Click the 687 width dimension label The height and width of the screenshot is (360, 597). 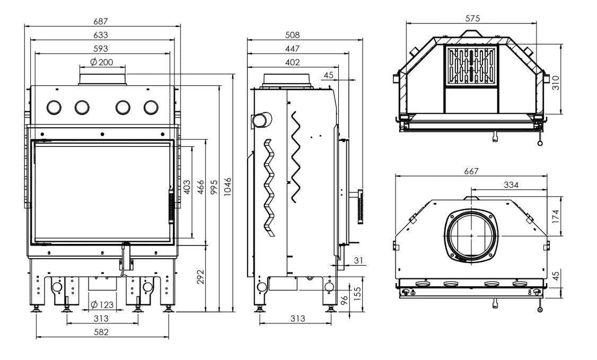(101, 21)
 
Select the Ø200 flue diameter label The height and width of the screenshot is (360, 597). (102, 62)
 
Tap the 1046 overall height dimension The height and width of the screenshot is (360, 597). (227, 187)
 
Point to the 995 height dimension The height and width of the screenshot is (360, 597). (214, 187)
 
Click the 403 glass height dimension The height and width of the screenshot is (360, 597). (187, 187)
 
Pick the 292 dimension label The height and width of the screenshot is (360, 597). (200, 277)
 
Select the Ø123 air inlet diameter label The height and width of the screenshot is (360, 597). (102, 304)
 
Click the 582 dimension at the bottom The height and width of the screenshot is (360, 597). (101, 332)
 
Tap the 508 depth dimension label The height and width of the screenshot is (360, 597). (293, 35)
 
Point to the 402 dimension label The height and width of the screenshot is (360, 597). (293, 62)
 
